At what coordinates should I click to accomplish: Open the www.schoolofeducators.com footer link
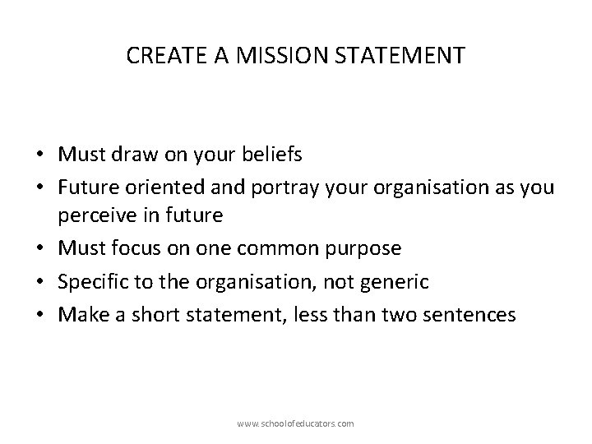[x=295, y=423]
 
